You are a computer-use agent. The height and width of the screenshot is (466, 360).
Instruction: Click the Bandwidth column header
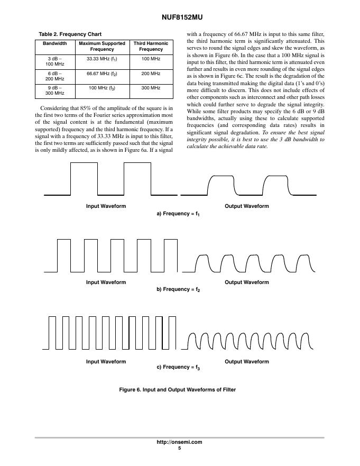point(55,43)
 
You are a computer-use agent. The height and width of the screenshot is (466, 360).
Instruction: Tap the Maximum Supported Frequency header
point(102,46)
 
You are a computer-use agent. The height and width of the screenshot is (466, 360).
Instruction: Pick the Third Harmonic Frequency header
point(151,46)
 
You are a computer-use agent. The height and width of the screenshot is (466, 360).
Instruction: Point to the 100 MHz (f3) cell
point(102,87)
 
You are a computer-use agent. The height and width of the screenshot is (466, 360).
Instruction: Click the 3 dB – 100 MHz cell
point(55,61)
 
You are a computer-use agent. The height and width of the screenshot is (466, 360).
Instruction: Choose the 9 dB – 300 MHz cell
point(55,90)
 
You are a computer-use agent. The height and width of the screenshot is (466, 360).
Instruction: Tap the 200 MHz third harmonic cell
point(151,73)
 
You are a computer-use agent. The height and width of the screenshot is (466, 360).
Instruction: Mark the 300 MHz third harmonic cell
point(151,87)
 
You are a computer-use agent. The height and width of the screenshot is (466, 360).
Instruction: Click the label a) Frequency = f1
point(178,214)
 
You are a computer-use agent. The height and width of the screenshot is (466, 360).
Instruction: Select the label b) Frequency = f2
point(178,290)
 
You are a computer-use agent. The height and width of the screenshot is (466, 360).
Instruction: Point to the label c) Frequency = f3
point(178,367)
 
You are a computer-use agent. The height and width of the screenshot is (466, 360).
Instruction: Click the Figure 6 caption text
point(178,390)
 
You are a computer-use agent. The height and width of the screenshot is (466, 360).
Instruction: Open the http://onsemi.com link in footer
point(179,442)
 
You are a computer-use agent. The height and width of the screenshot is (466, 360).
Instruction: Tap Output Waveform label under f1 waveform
point(247,206)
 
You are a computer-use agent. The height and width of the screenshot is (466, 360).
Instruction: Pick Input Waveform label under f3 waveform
point(106,362)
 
